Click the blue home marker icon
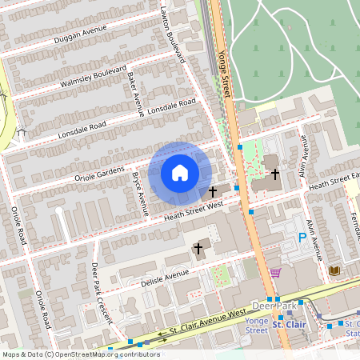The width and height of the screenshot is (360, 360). pos(180,172)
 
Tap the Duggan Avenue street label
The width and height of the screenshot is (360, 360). pos(80,33)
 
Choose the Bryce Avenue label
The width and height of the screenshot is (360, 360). pos(139,193)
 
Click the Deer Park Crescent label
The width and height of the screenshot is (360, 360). pos(101,291)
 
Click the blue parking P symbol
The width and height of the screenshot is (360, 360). pos(302,237)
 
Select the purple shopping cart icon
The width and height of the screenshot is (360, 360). pos(275,272)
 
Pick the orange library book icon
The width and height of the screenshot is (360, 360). pos(334,270)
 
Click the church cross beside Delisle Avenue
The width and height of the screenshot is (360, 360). pos(198,249)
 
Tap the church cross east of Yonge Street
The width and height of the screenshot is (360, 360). pos(274,174)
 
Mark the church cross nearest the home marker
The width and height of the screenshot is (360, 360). pos(213,191)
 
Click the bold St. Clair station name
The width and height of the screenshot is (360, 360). pos(289,325)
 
